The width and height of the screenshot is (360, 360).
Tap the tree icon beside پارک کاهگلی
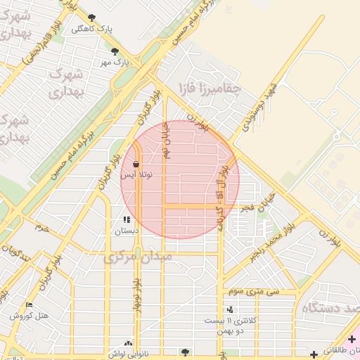pyautogui.click(x=92, y=18)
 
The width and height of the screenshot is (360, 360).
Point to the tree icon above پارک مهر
pyautogui.click(x=115, y=51)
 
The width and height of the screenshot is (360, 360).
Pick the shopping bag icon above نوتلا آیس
pyautogui.click(x=135, y=164)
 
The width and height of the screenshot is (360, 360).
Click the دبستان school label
pyautogui.click(x=127, y=230)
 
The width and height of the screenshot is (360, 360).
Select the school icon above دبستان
pyautogui.click(x=127, y=220)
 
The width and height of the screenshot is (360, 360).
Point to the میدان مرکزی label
pyautogui.click(x=138, y=258)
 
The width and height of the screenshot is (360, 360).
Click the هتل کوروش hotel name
pyautogui.click(x=30, y=316)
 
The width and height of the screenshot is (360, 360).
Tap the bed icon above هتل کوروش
pyautogui.click(x=29, y=305)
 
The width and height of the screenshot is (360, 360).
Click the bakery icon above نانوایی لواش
pyautogui.click(x=127, y=343)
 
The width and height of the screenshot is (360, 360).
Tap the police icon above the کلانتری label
pyautogui.click(x=230, y=309)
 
